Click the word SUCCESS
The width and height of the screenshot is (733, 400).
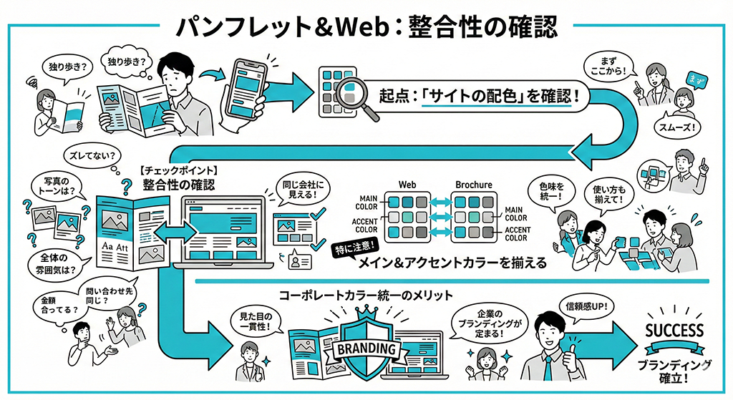tap(674, 330)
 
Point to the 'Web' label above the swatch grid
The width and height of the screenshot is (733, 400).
tap(407, 184)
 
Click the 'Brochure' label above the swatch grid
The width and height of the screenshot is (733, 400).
tap(473, 184)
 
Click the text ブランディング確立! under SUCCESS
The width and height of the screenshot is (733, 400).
tap(674, 371)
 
